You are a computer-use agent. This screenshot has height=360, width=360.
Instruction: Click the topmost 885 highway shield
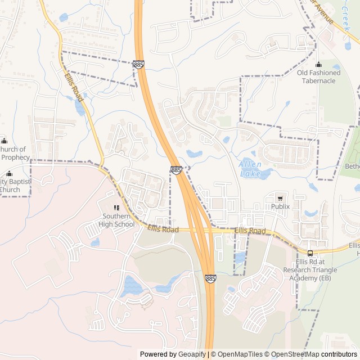pyautogui.click(x=139, y=65)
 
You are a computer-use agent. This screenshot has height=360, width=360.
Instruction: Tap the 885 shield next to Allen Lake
pyautogui.click(x=177, y=170)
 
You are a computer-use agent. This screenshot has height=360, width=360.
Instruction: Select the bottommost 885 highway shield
pyautogui.click(x=210, y=279)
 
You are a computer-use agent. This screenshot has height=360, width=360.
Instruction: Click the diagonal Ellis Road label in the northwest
pyautogui.click(x=74, y=88)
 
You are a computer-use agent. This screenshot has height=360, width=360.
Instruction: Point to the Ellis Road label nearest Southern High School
pyautogui.click(x=163, y=229)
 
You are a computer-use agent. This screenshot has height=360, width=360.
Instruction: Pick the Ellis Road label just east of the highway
pyautogui.click(x=250, y=231)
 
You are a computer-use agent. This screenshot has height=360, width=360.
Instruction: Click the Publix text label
pyautogui.click(x=280, y=206)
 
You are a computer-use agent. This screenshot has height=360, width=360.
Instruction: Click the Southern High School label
pyautogui.click(x=118, y=220)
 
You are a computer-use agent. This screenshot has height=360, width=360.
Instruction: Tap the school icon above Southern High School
pyautogui.click(x=118, y=208)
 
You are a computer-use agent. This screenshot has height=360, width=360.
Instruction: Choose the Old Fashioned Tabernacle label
pyautogui.click(x=319, y=76)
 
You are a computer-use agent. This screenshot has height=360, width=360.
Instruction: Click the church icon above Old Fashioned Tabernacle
pyautogui.click(x=319, y=64)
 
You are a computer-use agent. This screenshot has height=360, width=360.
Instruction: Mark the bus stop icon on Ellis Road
pyautogui.click(x=310, y=253)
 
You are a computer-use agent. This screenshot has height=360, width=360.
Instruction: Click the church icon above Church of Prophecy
pyautogui.click(x=4, y=141)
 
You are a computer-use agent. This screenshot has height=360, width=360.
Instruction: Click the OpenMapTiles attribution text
pyautogui.click(x=240, y=354)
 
